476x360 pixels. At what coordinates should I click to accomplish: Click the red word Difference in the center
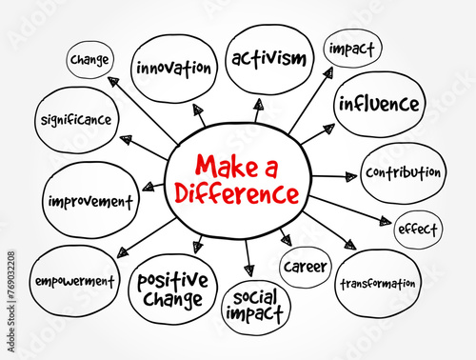click(x=237, y=192)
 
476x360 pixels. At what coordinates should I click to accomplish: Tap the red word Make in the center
click(x=227, y=166)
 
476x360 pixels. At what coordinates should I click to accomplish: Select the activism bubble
click(x=269, y=60)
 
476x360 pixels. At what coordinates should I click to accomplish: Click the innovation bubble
click(x=174, y=69)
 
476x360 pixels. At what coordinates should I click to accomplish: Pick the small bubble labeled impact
click(x=352, y=49)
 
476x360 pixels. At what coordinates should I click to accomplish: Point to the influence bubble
click(x=380, y=104)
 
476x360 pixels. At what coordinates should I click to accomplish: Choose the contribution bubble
click(x=403, y=173)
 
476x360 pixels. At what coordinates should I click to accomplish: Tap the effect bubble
click(x=418, y=230)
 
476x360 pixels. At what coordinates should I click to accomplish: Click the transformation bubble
click(x=378, y=284)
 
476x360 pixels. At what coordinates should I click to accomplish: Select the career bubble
click(x=306, y=267)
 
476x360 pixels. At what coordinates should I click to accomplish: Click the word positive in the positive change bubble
click(x=172, y=280)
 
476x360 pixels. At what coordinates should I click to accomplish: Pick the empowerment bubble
click(x=74, y=281)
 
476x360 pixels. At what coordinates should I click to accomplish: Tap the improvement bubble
click(x=90, y=201)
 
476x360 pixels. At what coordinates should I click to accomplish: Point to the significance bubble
click(x=76, y=120)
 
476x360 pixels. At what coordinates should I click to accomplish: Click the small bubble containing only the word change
click(x=89, y=60)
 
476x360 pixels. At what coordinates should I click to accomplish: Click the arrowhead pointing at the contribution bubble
click(x=351, y=177)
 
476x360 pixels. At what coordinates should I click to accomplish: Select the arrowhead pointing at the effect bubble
click(x=386, y=221)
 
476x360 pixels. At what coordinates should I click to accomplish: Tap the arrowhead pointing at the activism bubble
click(x=259, y=104)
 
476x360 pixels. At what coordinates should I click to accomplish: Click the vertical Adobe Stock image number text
click(x=11, y=302)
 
